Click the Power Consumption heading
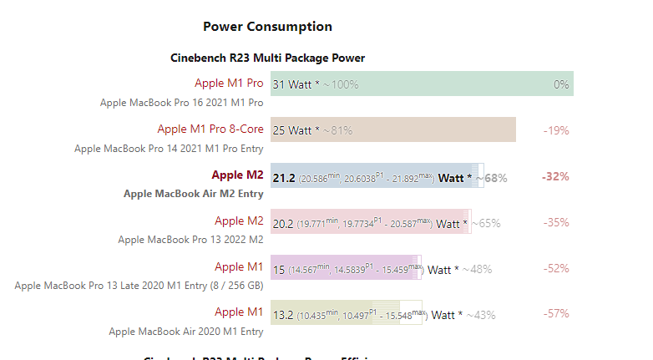[x=267, y=27]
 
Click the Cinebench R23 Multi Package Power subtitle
[x=267, y=58]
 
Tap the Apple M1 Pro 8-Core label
[x=210, y=129]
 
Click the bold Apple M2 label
[x=237, y=175]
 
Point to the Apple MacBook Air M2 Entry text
[x=194, y=194]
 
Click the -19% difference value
[x=555, y=130]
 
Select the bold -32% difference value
[x=555, y=177]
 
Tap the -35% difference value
[x=555, y=223]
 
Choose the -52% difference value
[x=555, y=269]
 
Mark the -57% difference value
[x=555, y=314]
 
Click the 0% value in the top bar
[x=561, y=84]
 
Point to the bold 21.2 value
[x=284, y=177]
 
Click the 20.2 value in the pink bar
[x=283, y=223]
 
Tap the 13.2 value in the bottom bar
[x=283, y=315]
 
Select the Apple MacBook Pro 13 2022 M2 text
[x=190, y=240]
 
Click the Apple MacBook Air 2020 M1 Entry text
[x=186, y=332]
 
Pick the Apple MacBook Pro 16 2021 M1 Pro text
[x=182, y=103]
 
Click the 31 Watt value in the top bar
[x=292, y=84]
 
